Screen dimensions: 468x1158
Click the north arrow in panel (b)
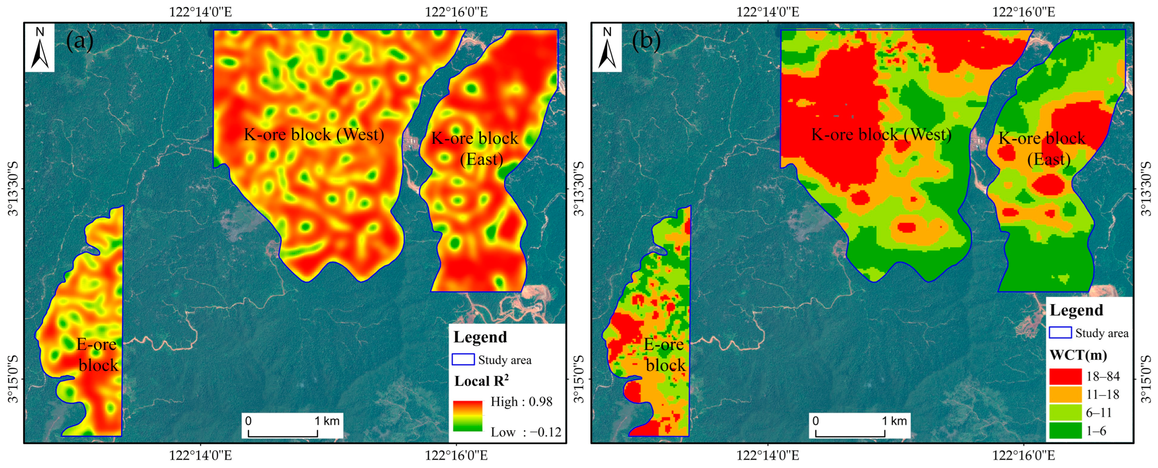[607, 48]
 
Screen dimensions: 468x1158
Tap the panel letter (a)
[80, 41]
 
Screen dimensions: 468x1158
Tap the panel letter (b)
[646, 41]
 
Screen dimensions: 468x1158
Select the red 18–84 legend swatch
[1065, 376]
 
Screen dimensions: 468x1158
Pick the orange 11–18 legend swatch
[1065, 394]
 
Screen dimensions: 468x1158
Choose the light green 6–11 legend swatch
[1065, 412]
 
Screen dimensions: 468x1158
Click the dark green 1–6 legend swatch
[1065, 431]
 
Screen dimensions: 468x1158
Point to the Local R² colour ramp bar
[468, 416]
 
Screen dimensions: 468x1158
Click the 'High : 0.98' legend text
[521, 402]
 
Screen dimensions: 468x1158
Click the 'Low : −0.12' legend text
[526, 432]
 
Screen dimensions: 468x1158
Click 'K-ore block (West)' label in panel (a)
[314, 134]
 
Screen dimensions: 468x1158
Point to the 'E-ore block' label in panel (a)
[97, 355]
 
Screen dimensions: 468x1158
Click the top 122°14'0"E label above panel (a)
[200, 12]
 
